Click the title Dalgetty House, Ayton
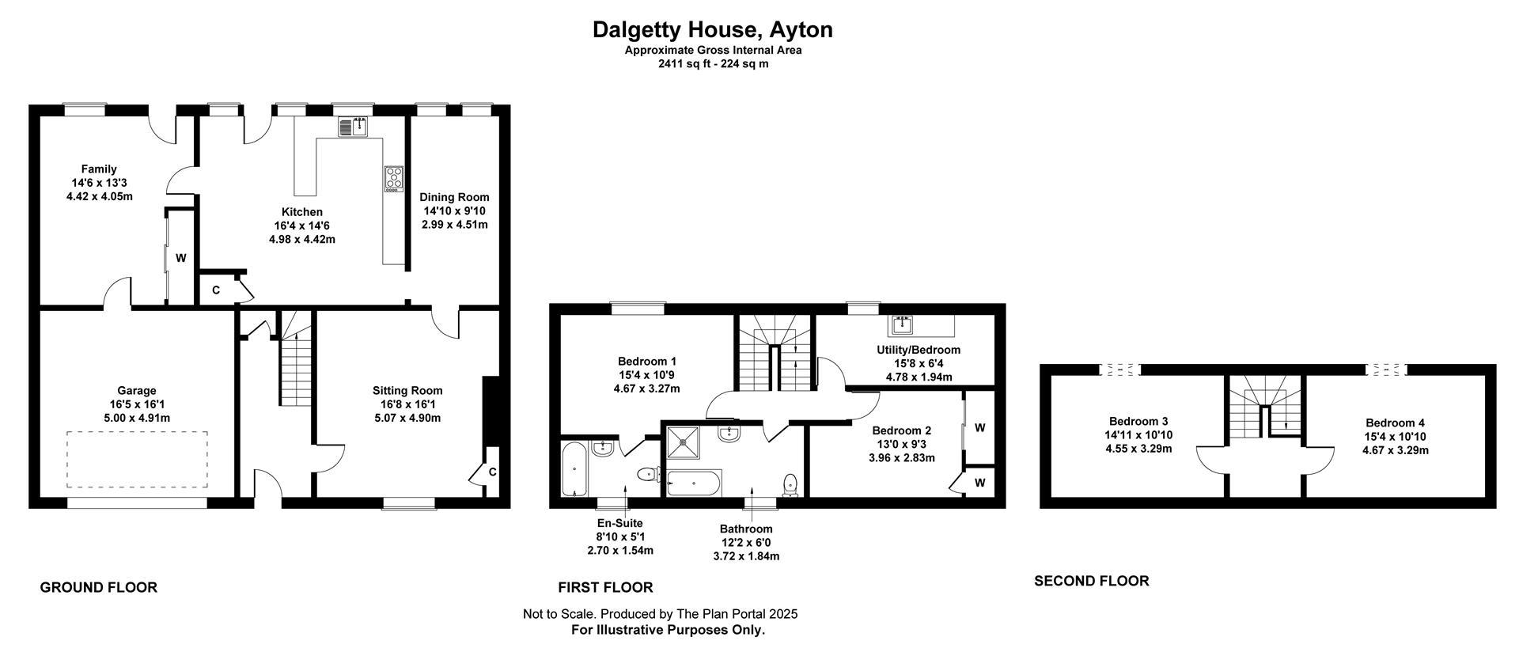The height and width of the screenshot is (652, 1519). click(x=713, y=30)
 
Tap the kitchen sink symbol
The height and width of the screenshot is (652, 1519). click(x=353, y=127)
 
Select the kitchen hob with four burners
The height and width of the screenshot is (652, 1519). click(x=394, y=179)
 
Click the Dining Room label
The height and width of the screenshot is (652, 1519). click(x=454, y=197)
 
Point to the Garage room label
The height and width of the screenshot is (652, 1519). click(x=137, y=390)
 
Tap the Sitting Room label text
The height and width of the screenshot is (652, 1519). click(x=407, y=390)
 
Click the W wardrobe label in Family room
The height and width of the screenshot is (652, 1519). click(x=181, y=258)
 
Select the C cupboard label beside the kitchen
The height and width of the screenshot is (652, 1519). click(x=215, y=290)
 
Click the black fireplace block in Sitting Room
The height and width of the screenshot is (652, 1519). click(x=491, y=411)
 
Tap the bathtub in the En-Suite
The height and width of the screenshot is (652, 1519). click(x=574, y=469)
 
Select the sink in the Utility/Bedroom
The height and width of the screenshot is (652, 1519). click(x=902, y=324)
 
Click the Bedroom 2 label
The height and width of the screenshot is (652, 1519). click(x=902, y=430)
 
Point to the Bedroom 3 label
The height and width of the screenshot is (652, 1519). click(x=1138, y=422)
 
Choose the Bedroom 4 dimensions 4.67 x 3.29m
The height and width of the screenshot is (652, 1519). click(x=1396, y=450)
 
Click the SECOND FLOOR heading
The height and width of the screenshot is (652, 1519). click(x=1092, y=581)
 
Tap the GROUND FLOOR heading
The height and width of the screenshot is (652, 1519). click(x=99, y=587)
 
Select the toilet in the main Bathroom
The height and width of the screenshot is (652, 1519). click(x=790, y=483)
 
